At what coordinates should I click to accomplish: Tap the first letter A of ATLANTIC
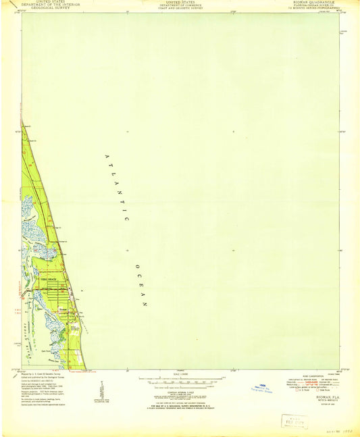coord(106,156)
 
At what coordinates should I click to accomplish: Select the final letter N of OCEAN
coord(145,305)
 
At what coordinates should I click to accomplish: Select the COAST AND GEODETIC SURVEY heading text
coord(180,9)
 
